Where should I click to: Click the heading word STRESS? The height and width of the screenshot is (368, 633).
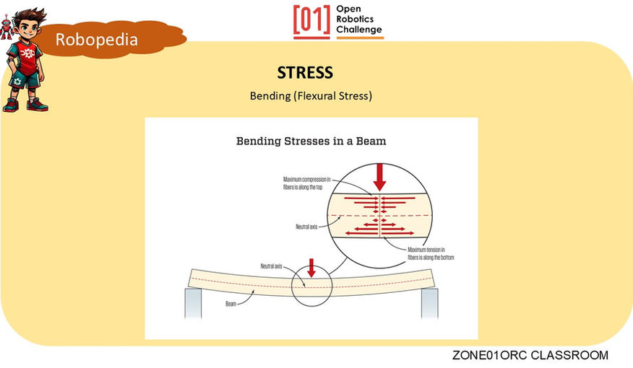click(305, 73)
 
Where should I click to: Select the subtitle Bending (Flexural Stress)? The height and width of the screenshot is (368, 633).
click(311, 95)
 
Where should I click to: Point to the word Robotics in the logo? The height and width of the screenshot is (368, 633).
click(360, 21)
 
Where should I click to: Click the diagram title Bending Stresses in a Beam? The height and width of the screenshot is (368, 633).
click(311, 141)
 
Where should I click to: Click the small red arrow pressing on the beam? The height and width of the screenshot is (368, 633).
click(311, 268)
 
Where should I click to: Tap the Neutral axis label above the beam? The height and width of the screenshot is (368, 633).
click(271, 266)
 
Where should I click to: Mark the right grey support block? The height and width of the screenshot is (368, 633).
click(429, 303)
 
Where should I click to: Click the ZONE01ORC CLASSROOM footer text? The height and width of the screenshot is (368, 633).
click(530, 356)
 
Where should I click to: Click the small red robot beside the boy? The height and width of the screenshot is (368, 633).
click(6, 26)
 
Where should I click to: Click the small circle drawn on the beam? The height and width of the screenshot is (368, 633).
click(311, 287)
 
